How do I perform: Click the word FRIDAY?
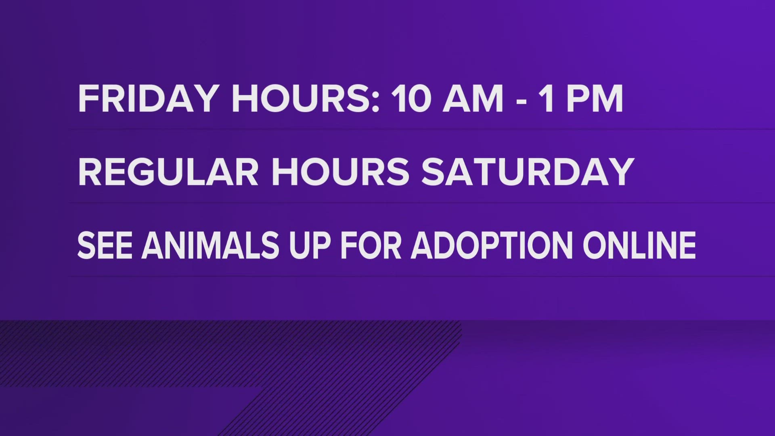[x=148, y=99]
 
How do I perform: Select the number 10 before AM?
[x=411, y=99]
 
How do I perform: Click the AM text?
[x=473, y=99]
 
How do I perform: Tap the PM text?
[x=595, y=99]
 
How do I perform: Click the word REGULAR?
[x=168, y=172]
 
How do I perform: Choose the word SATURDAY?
[x=528, y=172]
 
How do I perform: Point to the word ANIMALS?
[x=210, y=245]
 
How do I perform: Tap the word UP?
[x=310, y=245]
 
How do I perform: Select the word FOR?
[x=371, y=245]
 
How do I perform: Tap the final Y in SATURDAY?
[x=619, y=172]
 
